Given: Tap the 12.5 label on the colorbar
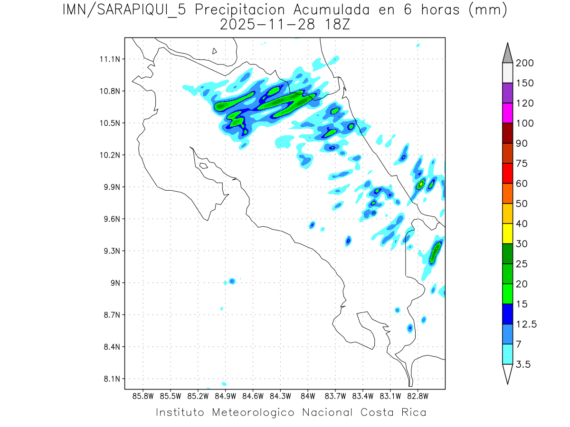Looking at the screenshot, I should coord(526,324).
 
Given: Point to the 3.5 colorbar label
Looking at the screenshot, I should coord(523,364).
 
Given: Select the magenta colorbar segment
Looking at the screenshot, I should coord(507,113).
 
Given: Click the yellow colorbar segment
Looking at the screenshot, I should coord(507,233).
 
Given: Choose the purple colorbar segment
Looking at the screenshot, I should coord(507,93).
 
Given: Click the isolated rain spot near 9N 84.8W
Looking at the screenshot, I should coord(232,281).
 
